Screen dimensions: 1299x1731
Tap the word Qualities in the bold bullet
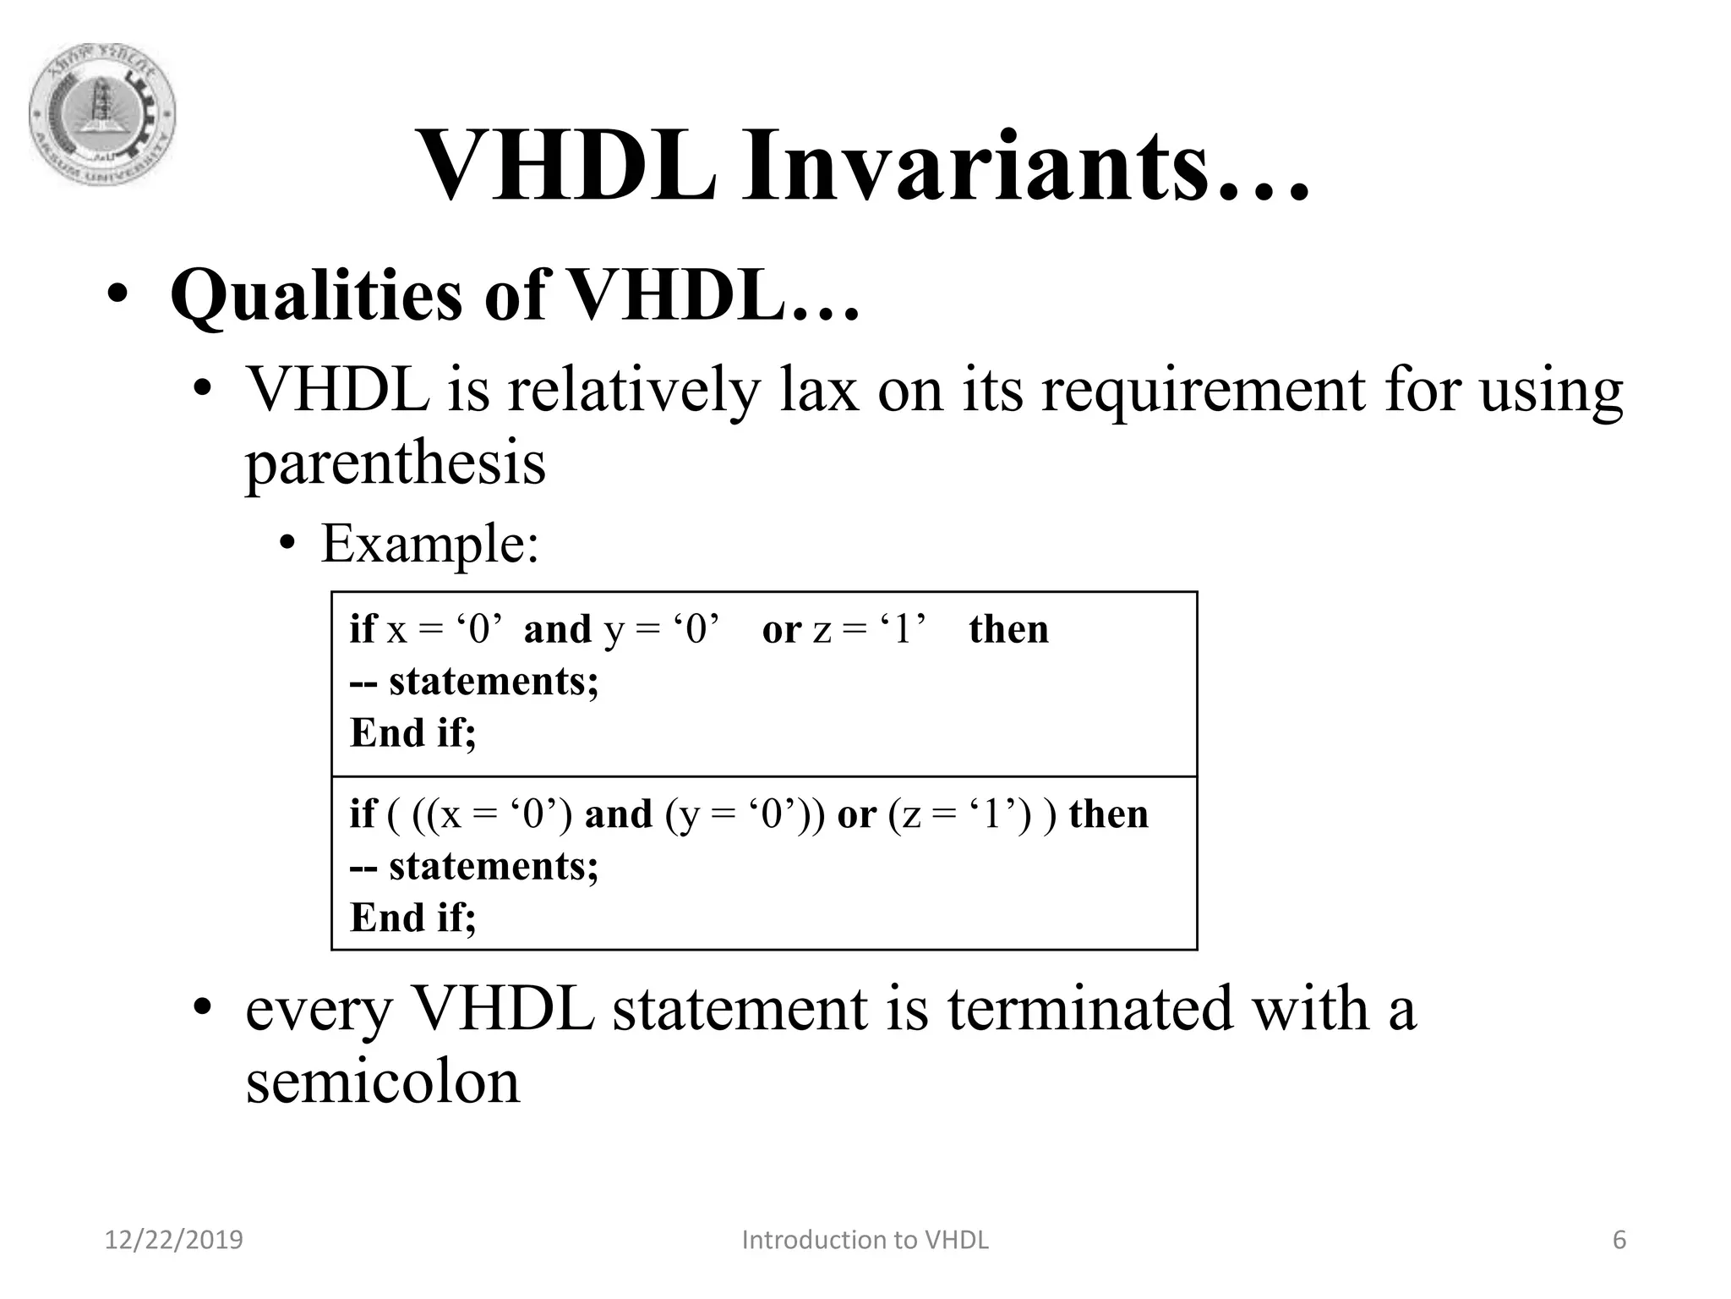click(x=316, y=295)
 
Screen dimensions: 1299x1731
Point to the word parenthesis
click(x=396, y=463)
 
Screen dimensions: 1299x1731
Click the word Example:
click(x=429, y=543)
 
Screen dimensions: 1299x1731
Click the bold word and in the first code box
click(x=557, y=629)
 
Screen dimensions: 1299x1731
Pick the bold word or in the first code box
click(x=781, y=629)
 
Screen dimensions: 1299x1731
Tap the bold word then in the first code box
click(x=1008, y=629)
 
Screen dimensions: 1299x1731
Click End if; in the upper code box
click(x=413, y=732)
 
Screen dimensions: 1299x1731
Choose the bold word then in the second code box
click(x=1108, y=814)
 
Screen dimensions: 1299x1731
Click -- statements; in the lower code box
click(x=474, y=866)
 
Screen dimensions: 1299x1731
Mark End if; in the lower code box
click(x=413, y=918)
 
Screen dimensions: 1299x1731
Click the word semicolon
click(x=382, y=1082)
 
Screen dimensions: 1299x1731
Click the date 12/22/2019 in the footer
click(x=173, y=1240)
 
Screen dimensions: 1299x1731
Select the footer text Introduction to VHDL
click(x=865, y=1240)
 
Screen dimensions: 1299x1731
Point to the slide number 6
click(x=1619, y=1240)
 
